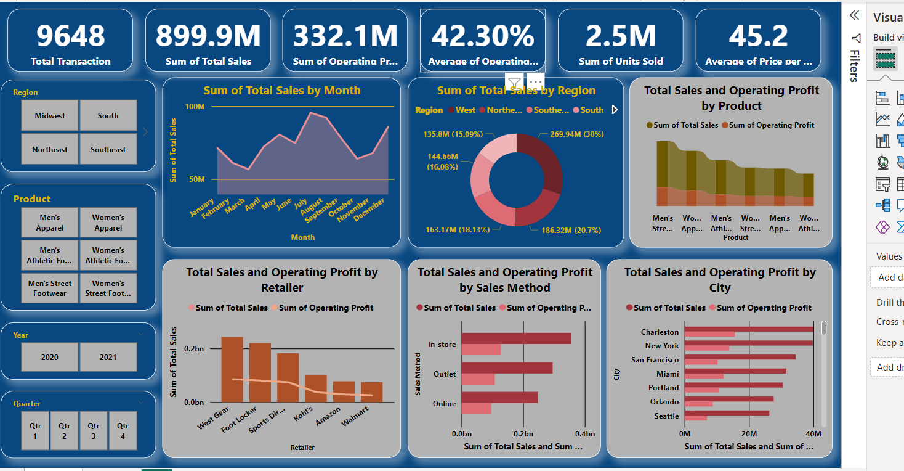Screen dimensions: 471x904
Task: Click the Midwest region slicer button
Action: (x=50, y=116)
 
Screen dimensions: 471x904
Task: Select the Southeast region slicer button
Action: (x=108, y=150)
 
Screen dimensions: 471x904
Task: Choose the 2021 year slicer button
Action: (x=108, y=358)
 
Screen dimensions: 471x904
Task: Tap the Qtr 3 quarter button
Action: (x=94, y=431)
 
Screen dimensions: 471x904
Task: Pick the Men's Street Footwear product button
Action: (x=50, y=289)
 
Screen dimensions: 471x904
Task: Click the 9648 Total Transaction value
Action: (x=71, y=36)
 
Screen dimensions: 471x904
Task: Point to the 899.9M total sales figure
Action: (x=208, y=36)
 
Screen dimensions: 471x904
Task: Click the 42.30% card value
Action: (x=483, y=36)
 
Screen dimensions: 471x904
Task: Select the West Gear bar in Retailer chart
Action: (x=232, y=369)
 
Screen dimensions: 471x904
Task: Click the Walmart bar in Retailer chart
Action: (x=372, y=392)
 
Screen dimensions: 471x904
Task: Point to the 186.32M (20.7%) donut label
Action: (x=571, y=231)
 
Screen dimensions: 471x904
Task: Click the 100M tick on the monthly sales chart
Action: (x=195, y=107)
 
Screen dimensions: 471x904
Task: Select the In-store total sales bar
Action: (x=516, y=338)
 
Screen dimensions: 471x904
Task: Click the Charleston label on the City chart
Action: (x=660, y=332)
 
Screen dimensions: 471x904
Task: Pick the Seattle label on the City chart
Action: (x=666, y=416)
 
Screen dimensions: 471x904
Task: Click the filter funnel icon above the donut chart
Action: (x=514, y=81)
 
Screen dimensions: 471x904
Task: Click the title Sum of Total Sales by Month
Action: (x=282, y=91)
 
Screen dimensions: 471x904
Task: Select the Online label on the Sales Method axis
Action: (x=444, y=404)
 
